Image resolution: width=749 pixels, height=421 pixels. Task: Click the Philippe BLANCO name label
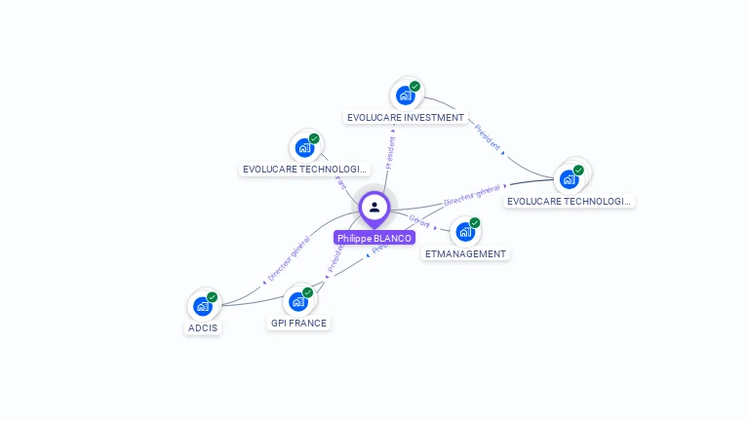(x=374, y=238)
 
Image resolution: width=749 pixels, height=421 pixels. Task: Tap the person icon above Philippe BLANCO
(x=374, y=207)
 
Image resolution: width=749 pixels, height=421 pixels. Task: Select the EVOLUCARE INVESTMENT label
(x=406, y=118)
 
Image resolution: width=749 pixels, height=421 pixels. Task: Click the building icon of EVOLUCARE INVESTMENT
(x=405, y=96)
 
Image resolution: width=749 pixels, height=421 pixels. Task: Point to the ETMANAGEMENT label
(x=466, y=253)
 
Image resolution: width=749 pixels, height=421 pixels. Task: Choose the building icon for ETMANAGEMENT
(x=464, y=231)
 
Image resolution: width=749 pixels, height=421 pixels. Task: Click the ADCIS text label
(x=203, y=327)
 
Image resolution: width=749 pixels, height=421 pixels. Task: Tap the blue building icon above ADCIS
(x=202, y=306)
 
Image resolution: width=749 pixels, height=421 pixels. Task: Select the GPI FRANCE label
(x=298, y=323)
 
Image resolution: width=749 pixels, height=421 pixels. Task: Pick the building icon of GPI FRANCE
(x=298, y=301)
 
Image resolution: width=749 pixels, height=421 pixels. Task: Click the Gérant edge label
(x=420, y=222)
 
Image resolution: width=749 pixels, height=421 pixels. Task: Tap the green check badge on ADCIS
(x=213, y=297)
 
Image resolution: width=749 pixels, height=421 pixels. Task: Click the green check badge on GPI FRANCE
(x=308, y=292)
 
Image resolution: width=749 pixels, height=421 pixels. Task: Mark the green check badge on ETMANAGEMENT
(x=475, y=222)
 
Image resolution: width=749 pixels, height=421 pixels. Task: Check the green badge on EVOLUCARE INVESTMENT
(x=414, y=87)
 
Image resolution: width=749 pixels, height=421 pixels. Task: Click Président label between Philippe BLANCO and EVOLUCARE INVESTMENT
(x=391, y=153)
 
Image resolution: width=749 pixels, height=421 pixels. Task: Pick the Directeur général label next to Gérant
(x=472, y=195)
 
